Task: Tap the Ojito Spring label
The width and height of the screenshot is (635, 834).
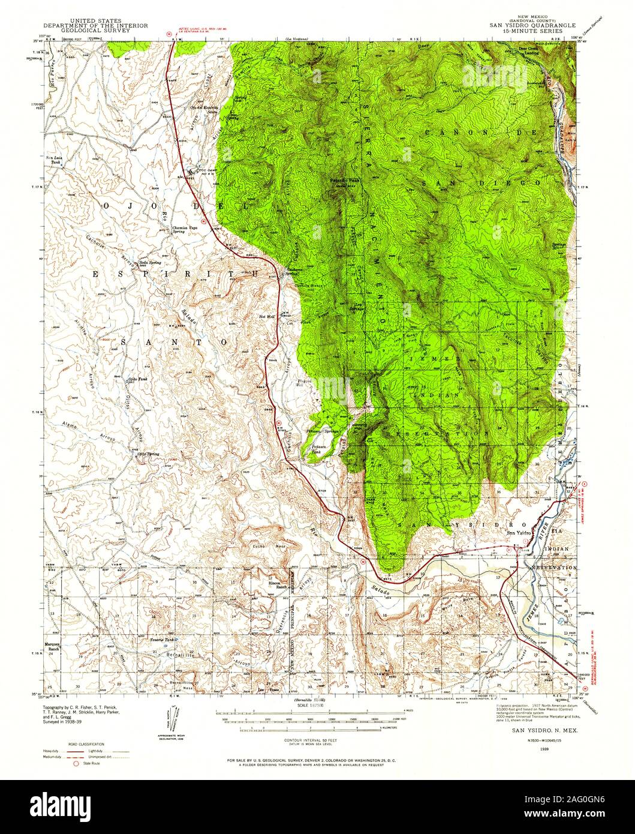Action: pos(148,454)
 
